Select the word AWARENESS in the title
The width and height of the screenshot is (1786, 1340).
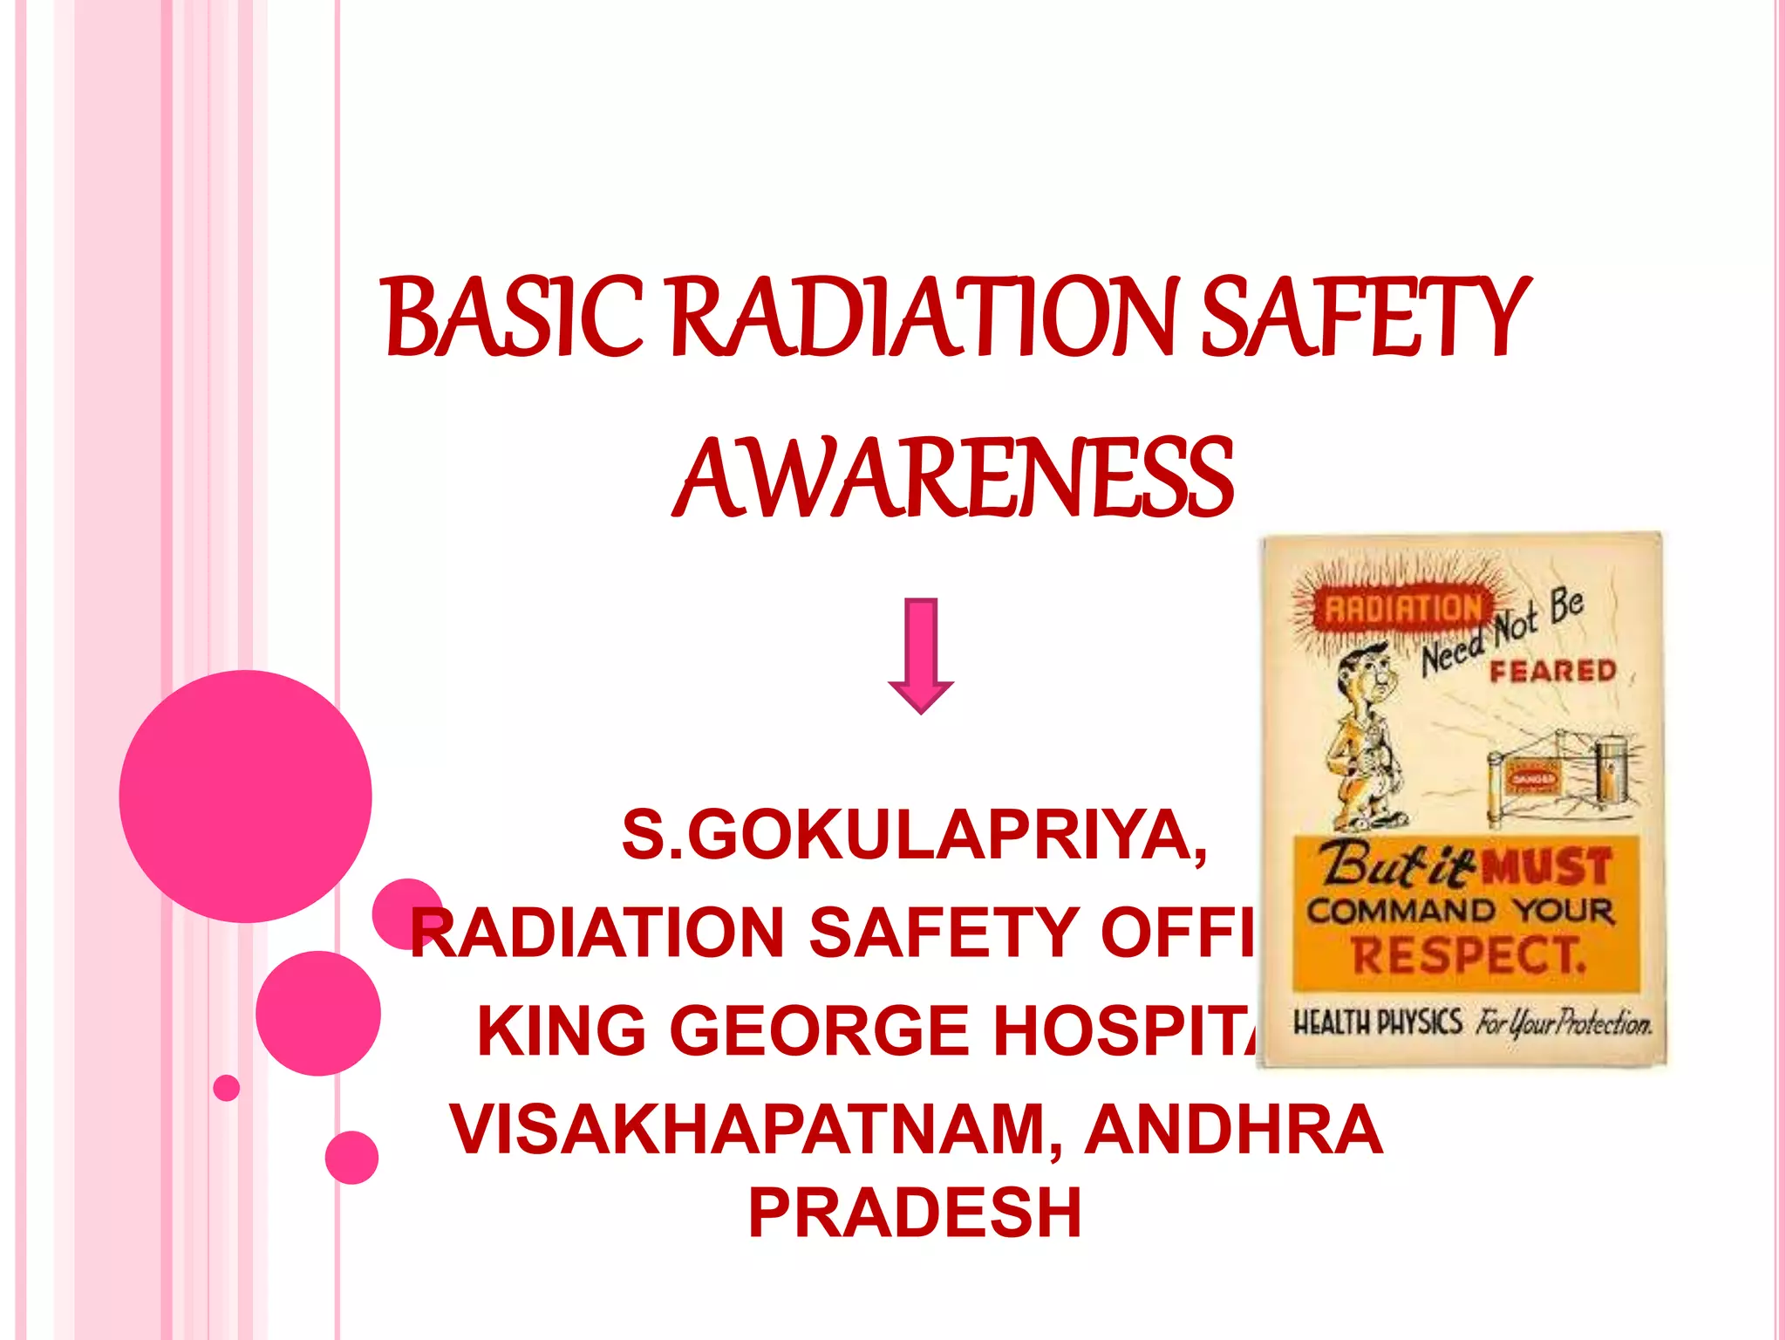(x=953, y=478)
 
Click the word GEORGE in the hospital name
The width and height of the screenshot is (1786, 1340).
(x=819, y=1030)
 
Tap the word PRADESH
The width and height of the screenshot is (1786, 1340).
(x=915, y=1213)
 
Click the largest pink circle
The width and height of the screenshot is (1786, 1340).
(x=245, y=796)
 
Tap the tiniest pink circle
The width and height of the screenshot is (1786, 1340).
(x=226, y=1088)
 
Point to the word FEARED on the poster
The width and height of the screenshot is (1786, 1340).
(x=1552, y=671)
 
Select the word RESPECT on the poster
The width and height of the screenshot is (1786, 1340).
(x=1469, y=955)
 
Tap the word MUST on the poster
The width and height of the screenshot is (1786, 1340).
(x=1547, y=867)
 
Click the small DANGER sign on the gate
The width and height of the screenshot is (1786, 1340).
(x=1532, y=778)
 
